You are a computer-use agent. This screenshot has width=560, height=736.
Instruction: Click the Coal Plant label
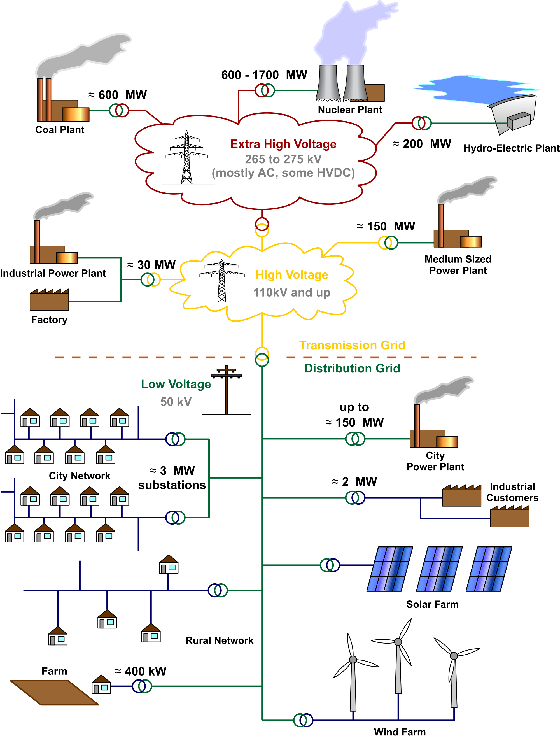pyautogui.click(x=60, y=130)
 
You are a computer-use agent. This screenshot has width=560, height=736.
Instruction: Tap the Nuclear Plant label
pyautogui.click(x=350, y=110)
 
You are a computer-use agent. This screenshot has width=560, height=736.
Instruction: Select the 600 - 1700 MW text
pyautogui.click(x=264, y=75)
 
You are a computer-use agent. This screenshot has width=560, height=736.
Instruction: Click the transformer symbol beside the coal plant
pyautogui.click(x=119, y=110)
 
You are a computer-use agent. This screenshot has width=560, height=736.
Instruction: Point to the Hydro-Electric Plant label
pyautogui.click(x=511, y=148)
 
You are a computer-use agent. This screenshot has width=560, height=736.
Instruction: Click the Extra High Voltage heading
pyautogui.click(x=283, y=144)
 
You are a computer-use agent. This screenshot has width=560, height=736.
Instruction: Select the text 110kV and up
pyautogui.click(x=292, y=292)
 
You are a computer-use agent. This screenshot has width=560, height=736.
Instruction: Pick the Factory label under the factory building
pyautogui.click(x=49, y=320)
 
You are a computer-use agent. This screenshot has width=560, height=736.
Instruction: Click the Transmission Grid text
pyautogui.click(x=352, y=345)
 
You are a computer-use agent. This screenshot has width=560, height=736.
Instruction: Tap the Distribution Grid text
pyautogui.click(x=352, y=368)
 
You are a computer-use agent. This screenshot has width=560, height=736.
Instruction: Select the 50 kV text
pyautogui.click(x=176, y=402)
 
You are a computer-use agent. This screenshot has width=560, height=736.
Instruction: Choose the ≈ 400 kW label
pyautogui.click(x=140, y=671)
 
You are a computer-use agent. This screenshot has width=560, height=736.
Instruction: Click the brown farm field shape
pyautogui.click(x=54, y=693)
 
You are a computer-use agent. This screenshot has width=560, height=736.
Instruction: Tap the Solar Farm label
pyautogui.click(x=432, y=604)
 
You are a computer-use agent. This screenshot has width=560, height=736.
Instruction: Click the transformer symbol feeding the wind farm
pyautogui.click(x=303, y=720)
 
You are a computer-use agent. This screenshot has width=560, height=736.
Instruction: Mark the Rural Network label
pyautogui.click(x=219, y=640)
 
